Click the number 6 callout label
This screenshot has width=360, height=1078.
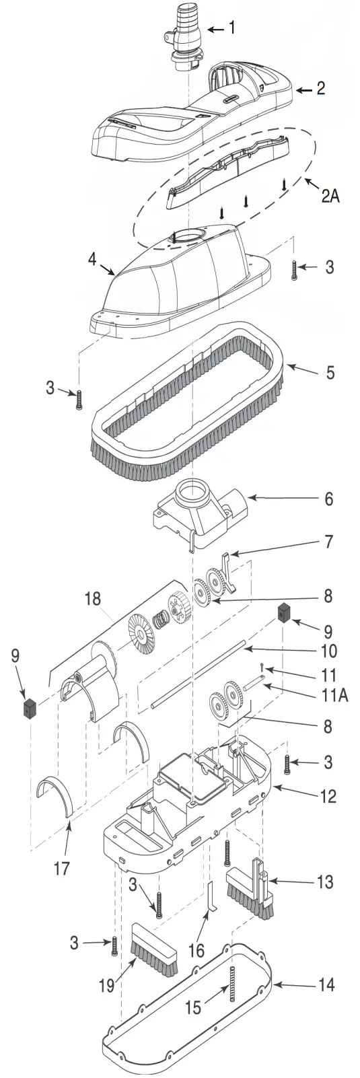pyautogui.click(x=328, y=499)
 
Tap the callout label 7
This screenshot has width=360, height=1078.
pyautogui.click(x=328, y=541)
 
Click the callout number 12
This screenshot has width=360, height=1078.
pyautogui.click(x=328, y=797)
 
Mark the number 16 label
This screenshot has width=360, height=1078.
pyautogui.click(x=196, y=949)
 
